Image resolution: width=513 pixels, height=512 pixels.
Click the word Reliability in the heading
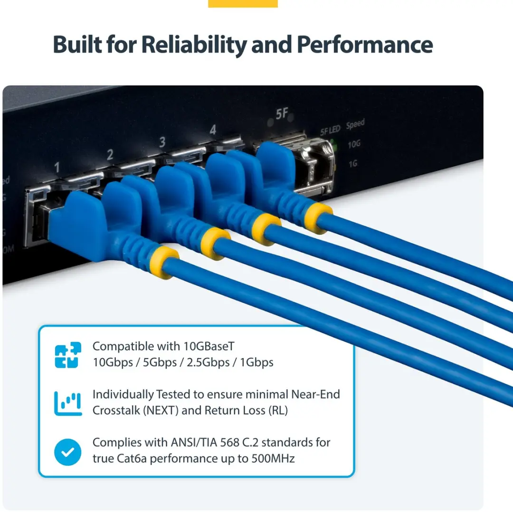194,45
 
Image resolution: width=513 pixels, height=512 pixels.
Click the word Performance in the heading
365,44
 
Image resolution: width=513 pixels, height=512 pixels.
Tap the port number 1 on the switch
57,167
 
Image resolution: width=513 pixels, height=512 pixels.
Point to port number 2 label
110,154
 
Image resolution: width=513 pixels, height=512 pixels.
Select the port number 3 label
162,142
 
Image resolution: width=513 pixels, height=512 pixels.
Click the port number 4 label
213,130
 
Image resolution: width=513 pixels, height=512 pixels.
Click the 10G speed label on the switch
354,144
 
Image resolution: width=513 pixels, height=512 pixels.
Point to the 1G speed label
352,163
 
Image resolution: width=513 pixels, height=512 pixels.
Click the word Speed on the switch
355,124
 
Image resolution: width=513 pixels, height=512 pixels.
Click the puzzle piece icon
68,355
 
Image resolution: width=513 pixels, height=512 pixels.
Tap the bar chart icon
68,403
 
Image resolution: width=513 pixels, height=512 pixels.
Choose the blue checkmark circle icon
68,452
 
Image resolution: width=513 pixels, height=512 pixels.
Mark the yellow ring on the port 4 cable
317,218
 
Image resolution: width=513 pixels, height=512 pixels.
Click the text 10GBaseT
209,346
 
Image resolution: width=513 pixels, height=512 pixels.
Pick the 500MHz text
273,458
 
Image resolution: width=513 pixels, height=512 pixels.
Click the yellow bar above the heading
243,4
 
